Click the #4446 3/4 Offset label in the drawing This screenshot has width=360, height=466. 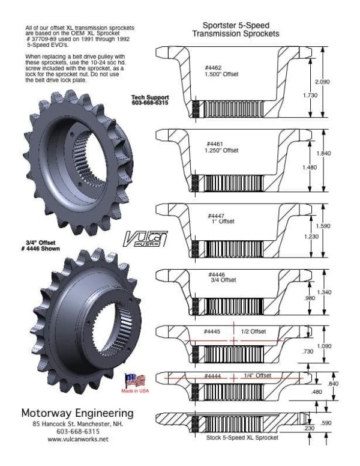220,277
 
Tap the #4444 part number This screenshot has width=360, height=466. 214,375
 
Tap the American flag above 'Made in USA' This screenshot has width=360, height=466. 136,380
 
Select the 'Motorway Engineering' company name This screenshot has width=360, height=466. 77,414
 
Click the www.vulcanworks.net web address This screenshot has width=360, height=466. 78,440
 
